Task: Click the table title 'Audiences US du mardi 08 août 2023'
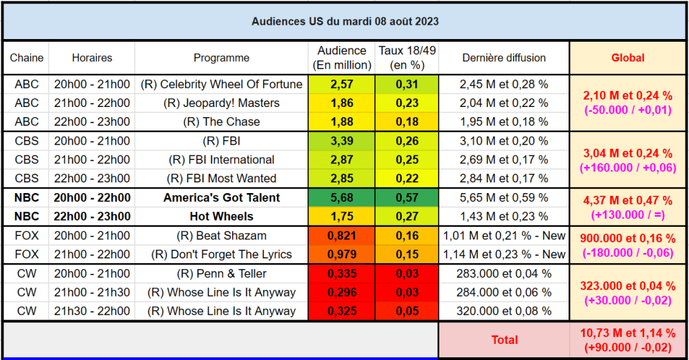click(344, 22)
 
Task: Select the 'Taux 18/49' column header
click(406, 58)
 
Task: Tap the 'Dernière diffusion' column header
click(504, 58)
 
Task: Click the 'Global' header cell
click(627, 58)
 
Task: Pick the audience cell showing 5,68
click(342, 198)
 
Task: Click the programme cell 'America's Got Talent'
click(221, 198)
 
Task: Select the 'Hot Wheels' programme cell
click(221, 217)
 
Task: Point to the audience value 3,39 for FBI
click(342, 141)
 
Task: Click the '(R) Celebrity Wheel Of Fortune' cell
click(221, 85)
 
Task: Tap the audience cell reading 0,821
click(342, 236)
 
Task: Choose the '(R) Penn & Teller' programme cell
click(221, 274)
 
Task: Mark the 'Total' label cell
click(504, 340)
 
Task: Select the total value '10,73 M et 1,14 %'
click(627, 334)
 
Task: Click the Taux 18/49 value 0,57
click(406, 198)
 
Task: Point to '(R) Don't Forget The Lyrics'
click(221, 254)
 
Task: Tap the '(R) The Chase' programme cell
click(221, 122)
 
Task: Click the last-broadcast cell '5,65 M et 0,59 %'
click(504, 198)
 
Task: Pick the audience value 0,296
click(342, 293)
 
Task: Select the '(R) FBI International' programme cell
click(221, 160)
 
